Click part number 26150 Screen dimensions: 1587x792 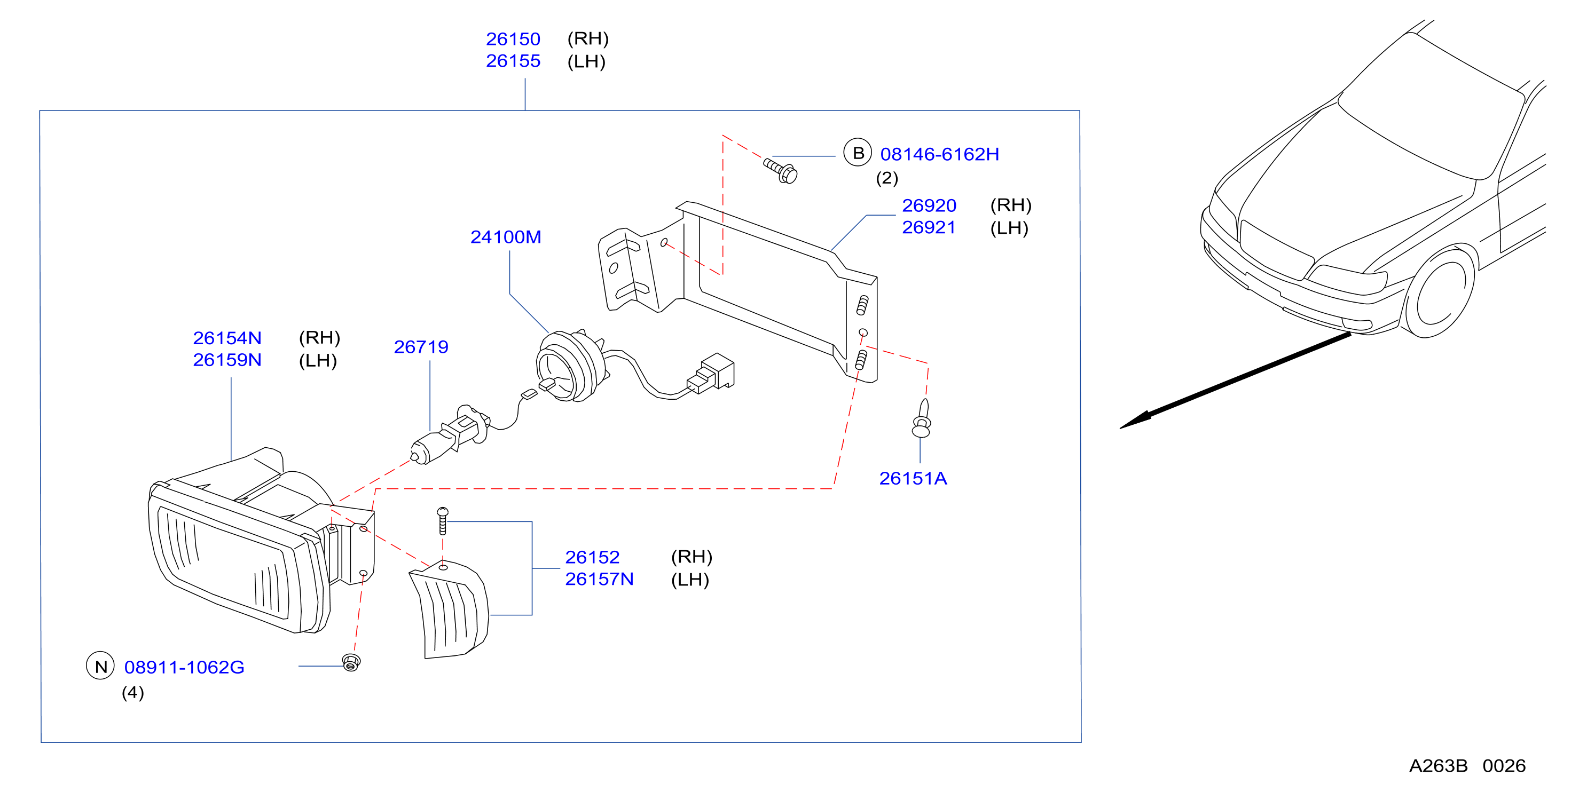(x=513, y=39)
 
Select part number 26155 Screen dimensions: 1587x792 (x=513, y=61)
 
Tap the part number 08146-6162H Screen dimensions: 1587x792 (x=939, y=154)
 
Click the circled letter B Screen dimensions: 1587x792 (x=857, y=153)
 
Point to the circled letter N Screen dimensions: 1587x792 (x=100, y=667)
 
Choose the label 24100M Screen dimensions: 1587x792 (x=505, y=237)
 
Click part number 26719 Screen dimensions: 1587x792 (x=421, y=347)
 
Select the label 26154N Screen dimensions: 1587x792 (x=227, y=338)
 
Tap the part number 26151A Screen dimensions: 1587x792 (x=913, y=479)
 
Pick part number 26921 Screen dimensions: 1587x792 (x=929, y=227)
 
